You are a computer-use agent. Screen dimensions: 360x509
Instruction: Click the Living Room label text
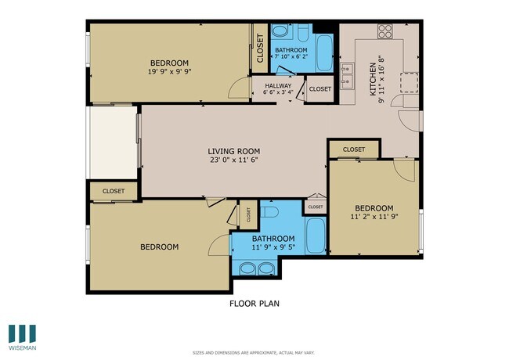click(233, 151)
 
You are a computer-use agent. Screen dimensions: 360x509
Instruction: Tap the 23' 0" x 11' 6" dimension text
click(233, 160)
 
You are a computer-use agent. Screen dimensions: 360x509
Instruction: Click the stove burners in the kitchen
click(385, 31)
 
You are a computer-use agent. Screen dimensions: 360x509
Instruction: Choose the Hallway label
click(277, 86)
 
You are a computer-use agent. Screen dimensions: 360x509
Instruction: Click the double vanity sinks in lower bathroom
click(256, 268)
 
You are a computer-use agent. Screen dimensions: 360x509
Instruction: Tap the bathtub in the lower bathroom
click(315, 235)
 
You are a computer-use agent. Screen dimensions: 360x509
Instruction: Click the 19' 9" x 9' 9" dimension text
click(170, 71)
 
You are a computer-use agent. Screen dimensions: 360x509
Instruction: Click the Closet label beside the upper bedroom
click(260, 50)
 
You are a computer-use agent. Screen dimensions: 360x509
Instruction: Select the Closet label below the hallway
click(319, 89)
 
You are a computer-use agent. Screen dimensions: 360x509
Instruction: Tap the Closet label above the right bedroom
click(353, 149)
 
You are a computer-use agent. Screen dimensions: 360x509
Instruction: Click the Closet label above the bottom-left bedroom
click(114, 190)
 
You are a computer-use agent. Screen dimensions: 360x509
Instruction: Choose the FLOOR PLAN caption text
click(254, 304)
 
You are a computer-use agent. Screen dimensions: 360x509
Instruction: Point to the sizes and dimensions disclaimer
click(254, 353)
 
